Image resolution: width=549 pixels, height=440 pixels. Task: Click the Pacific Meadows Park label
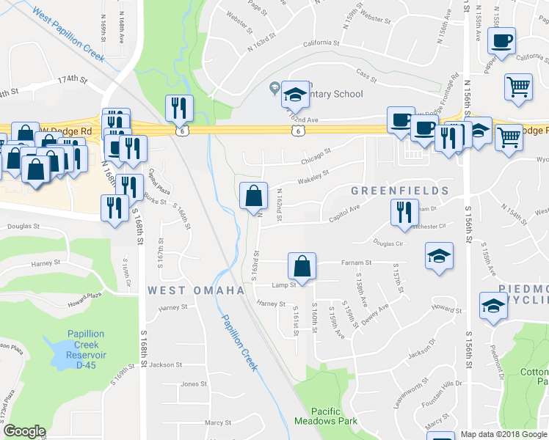tap(326, 416)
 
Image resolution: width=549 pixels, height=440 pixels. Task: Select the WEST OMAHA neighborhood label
tap(196, 290)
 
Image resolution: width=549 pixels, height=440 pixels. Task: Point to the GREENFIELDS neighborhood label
tap(399, 191)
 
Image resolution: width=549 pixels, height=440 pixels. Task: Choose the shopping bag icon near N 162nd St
tap(252, 196)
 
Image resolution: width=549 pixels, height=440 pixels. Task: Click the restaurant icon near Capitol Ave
tap(403, 212)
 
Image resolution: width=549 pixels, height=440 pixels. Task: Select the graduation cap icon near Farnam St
tap(439, 256)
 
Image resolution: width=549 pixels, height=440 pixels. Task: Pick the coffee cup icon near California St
tap(501, 41)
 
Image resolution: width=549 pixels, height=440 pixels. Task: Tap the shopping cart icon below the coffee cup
tap(518, 87)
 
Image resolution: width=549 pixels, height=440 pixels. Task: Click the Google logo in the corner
tap(24, 431)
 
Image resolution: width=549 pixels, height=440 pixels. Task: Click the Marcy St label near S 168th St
tap(217, 422)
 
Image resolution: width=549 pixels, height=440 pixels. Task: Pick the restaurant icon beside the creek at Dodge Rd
tap(179, 109)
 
